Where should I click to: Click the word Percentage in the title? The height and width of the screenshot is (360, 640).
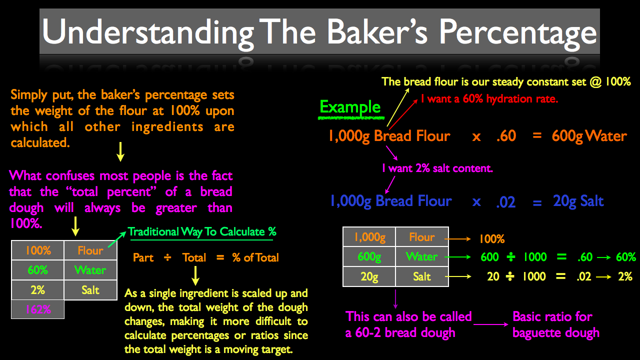click(517, 33)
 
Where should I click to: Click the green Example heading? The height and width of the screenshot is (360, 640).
click(350, 107)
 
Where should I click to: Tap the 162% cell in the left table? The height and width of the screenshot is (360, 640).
click(37, 309)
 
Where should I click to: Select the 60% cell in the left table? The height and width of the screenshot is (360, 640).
click(37, 270)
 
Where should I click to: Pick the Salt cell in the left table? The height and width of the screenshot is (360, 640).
click(90, 290)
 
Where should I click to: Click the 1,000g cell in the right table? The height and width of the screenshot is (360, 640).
click(369, 237)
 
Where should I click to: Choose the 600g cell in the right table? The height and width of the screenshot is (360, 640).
click(369, 256)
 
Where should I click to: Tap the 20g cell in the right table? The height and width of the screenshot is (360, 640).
click(369, 276)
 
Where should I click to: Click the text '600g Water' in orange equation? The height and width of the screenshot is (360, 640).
click(589, 136)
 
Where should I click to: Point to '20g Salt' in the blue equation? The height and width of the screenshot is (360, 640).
click(578, 201)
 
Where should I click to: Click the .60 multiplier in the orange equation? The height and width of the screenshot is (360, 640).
click(506, 136)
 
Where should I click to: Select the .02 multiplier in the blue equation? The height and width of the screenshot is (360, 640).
click(505, 202)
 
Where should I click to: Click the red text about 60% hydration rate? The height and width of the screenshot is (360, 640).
click(489, 99)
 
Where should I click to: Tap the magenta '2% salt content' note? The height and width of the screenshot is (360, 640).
click(437, 168)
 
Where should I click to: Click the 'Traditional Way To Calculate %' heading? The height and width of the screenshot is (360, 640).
click(202, 231)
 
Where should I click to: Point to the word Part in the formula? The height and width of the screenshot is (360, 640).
click(143, 257)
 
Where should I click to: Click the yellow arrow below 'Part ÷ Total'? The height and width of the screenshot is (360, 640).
click(195, 275)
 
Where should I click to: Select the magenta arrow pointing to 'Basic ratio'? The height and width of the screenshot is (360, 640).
click(491, 324)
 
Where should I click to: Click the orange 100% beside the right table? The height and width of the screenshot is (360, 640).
click(491, 239)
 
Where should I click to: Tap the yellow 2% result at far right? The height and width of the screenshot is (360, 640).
click(625, 276)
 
